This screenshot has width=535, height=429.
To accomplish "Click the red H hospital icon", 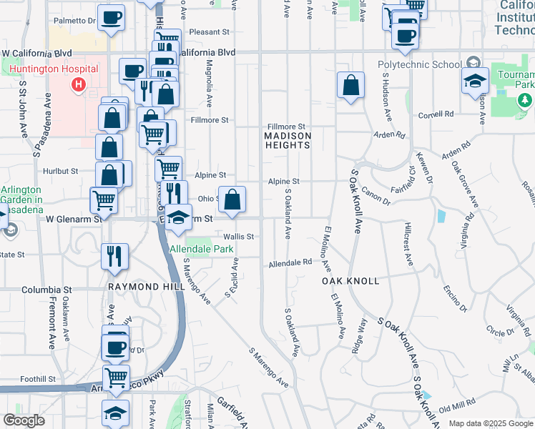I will tap(78, 85).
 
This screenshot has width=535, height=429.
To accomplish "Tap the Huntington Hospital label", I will tap(54, 71).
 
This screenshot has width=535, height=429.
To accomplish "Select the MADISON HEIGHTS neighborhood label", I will tap(288, 140).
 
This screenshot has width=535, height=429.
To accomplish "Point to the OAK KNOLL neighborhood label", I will tap(350, 281).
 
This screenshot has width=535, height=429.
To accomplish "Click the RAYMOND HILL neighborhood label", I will tap(141, 286).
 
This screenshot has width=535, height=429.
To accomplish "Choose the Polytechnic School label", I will tap(419, 64).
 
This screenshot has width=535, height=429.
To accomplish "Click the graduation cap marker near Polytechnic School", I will tap(473, 82).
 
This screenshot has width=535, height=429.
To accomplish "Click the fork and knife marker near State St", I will tap(114, 256).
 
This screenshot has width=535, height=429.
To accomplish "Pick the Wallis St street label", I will tap(239, 236).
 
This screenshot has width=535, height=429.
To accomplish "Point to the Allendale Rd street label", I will tap(290, 263).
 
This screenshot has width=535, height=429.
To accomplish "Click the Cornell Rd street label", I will tap(436, 114).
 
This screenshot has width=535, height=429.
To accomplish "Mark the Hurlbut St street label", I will tap(60, 172).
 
